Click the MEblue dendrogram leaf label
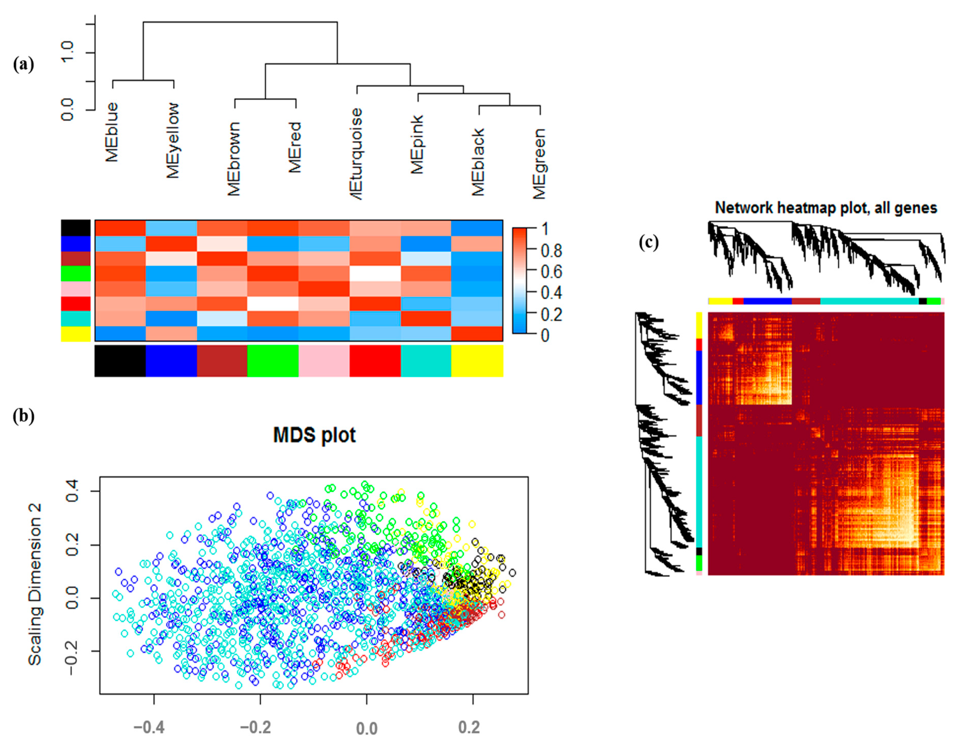pyautogui.click(x=112, y=132)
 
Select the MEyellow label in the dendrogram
pyautogui.click(x=173, y=140)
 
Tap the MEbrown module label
pyautogui.click(x=234, y=159)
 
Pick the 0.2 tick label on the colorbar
pyautogui.click(x=551, y=315)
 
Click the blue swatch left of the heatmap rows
pyautogui.click(x=75, y=243)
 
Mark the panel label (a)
pyautogui.click(x=23, y=65)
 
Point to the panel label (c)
pyautogui.click(x=649, y=242)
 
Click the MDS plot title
pyautogui.click(x=314, y=435)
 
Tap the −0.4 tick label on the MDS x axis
pyautogui.click(x=149, y=727)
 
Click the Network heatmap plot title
pyautogui.click(x=826, y=208)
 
